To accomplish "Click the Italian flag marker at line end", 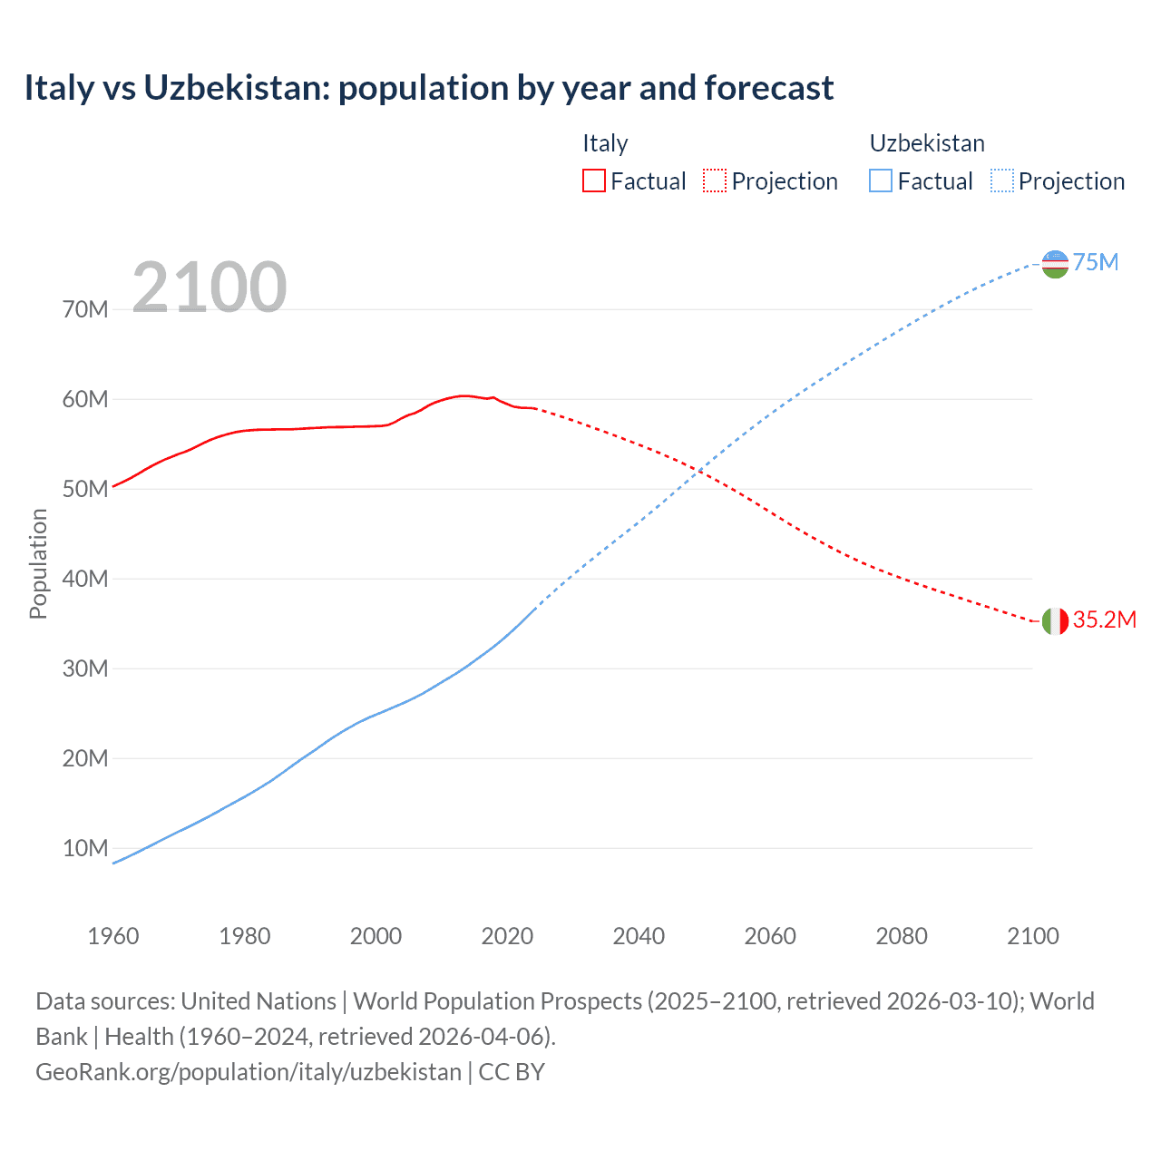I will click(1055, 621).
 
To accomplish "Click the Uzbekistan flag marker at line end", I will click(1055, 264).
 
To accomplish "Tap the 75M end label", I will click(1096, 263).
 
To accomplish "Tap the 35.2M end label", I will click(1104, 620).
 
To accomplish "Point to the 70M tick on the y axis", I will click(85, 310).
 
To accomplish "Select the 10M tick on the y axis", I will click(85, 849).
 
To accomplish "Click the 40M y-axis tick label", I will click(85, 580).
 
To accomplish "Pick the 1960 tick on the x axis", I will click(113, 937).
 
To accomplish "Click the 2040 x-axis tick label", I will click(639, 937).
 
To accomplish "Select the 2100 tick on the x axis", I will click(1032, 937).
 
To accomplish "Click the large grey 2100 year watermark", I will click(210, 288).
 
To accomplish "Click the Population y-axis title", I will click(38, 564).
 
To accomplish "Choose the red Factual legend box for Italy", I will click(593, 181).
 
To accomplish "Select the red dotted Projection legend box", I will click(715, 181).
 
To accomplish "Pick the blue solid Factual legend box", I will click(881, 181).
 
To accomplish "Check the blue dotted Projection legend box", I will click(1002, 181).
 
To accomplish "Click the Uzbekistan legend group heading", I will click(927, 143).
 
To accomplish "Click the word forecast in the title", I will click(768, 88).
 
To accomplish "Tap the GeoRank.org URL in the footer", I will click(249, 1072).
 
